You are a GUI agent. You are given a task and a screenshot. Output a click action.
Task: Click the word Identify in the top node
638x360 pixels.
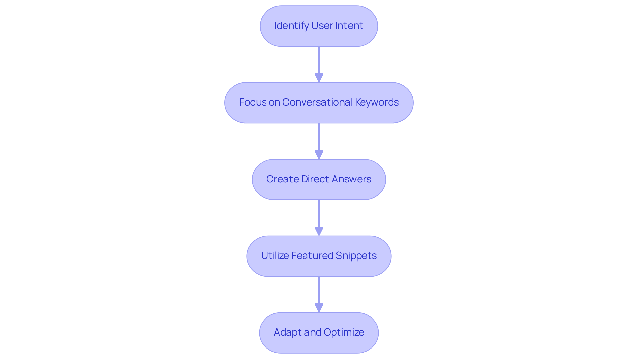[x=291, y=26]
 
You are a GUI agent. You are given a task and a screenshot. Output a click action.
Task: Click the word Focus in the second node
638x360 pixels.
[x=253, y=102]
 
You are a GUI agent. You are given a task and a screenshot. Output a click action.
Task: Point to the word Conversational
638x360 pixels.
[x=317, y=102]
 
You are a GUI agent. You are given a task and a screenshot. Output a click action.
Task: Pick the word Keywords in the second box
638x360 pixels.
[x=377, y=102]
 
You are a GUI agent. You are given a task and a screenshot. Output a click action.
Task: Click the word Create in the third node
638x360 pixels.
[x=282, y=179]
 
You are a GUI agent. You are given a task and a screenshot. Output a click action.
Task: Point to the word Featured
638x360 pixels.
[x=312, y=256]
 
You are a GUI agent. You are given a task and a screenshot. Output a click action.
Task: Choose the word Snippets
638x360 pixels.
[x=356, y=256]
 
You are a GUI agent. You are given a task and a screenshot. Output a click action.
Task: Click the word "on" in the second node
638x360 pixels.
[x=274, y=102]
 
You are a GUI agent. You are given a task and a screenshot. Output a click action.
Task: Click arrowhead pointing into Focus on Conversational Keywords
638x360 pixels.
[x=319, y=78]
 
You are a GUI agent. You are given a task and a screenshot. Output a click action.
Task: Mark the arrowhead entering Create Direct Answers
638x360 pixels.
[x=319, y=155]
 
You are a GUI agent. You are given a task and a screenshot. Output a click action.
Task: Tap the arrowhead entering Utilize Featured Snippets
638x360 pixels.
[x=319, y=232]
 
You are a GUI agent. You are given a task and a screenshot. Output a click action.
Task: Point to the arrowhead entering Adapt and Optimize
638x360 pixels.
[x=319, y=308]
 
